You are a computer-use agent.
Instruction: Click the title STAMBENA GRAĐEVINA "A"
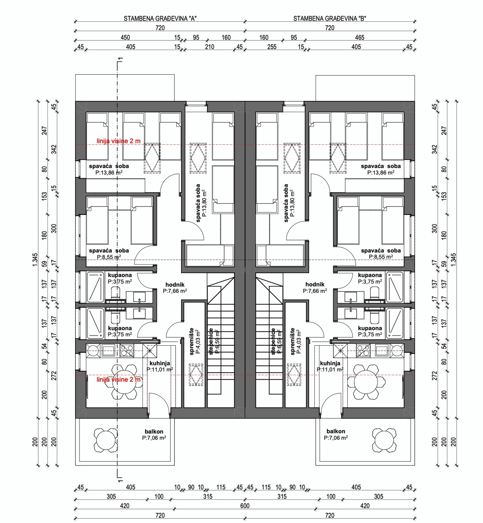(160, 19)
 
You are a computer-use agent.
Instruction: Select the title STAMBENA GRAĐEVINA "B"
(329, 19)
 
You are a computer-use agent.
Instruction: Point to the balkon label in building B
(335, 431)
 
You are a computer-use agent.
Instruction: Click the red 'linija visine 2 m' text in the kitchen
(119, 380)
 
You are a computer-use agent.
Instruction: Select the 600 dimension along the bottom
(245, 506)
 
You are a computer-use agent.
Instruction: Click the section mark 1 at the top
(120, 61)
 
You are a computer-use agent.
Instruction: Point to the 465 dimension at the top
(359, 37)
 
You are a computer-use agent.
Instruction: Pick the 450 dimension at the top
(125, 37)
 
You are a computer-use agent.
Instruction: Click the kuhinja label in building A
(159, 363)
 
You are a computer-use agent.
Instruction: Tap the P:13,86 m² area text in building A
(109, 172)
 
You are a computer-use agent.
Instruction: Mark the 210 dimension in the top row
(209, 47)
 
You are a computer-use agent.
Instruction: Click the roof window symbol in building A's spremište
(197, 375)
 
